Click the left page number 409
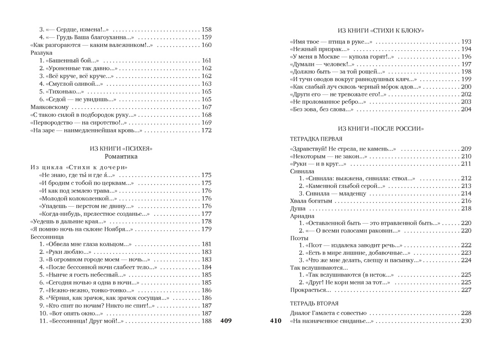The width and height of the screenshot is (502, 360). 226,321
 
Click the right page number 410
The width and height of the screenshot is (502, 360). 276,321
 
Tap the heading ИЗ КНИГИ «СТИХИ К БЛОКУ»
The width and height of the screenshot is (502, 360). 381,31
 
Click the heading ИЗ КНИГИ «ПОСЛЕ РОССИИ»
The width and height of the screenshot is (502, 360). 381,129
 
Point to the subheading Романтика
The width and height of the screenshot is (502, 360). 121,157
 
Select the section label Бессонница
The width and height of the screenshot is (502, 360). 47,237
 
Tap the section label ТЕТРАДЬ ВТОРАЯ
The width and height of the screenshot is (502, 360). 314,303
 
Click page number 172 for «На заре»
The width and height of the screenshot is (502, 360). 206,130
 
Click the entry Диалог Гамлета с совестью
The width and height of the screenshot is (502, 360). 328,313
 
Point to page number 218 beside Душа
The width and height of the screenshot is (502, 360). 466,209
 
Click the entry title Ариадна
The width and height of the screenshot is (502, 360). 302,216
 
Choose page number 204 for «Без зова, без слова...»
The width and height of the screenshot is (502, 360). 466,110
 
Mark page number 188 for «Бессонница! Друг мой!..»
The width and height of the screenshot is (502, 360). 206,321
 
